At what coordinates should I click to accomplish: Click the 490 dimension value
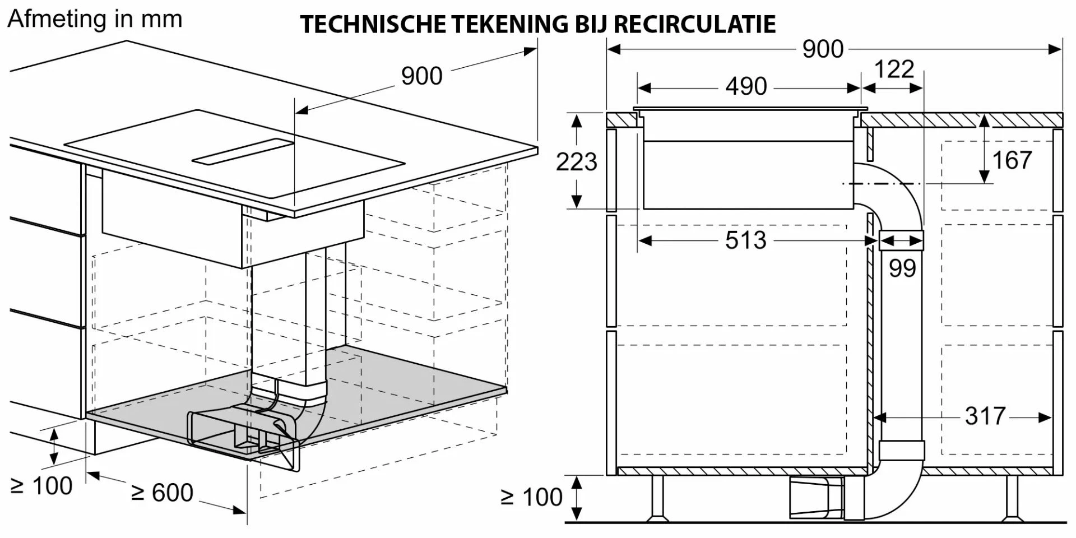[746, 86]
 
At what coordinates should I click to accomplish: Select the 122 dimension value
[894, 69]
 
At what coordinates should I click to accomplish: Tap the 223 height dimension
[576, 161]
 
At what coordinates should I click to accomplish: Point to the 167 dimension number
[1012, 160]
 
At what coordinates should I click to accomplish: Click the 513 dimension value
[745, 240]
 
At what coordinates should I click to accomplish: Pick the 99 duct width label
[902, 268]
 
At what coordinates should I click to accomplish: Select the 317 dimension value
[985, 416]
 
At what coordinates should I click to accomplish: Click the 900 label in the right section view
[823, 49]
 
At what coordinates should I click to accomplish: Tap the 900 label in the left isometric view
[421, 76]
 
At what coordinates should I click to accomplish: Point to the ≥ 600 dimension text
[162, 493]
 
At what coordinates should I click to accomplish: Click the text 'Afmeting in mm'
[95, 20]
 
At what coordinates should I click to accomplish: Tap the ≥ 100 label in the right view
[531, 497]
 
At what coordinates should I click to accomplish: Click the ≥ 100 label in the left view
[41, 486]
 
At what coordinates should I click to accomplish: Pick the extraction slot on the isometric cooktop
[243, 151]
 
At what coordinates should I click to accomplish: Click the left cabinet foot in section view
[657, 498]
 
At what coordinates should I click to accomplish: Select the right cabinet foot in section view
[1012, 498]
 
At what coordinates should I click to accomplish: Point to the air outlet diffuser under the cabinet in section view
[817, 498]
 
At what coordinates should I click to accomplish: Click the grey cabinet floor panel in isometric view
[297, 398]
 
